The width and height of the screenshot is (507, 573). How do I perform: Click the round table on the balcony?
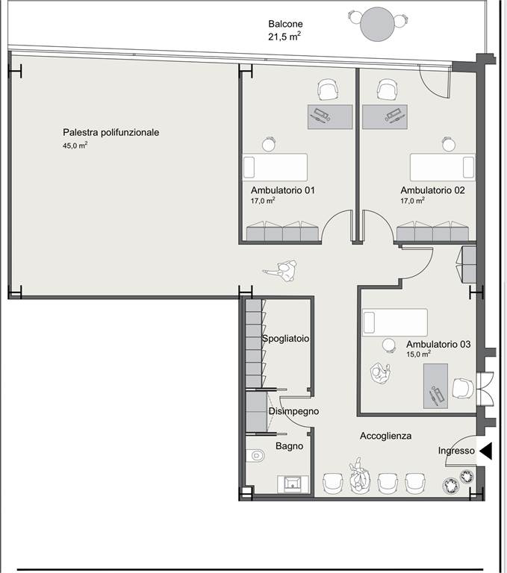377,24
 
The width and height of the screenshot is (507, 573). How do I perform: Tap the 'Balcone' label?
285,24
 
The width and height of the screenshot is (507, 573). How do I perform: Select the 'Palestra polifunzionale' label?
111,132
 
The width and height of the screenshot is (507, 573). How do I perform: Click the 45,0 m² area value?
75,145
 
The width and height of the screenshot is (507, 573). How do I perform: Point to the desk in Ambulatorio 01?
330,117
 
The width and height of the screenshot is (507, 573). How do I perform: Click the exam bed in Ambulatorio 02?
443,167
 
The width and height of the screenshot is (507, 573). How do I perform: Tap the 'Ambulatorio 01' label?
283,190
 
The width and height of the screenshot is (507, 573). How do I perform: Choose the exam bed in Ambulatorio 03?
395,322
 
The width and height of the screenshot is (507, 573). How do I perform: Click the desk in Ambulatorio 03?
435,386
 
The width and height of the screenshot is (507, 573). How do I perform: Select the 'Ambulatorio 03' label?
438,344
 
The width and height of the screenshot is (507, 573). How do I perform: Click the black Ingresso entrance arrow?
486,451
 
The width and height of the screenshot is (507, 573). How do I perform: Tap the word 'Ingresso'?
456,451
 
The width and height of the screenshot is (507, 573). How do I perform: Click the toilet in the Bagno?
255,455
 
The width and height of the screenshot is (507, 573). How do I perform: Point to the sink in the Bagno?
293,483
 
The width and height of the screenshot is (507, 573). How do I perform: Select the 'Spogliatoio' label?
286,339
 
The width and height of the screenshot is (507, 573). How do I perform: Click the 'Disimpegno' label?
293,412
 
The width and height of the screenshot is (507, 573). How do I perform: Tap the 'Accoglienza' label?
385,436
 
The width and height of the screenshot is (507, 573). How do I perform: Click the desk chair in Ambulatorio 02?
387,90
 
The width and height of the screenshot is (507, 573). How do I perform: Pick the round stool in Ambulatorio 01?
269,144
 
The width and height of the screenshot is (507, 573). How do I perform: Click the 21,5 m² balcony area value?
284,37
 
